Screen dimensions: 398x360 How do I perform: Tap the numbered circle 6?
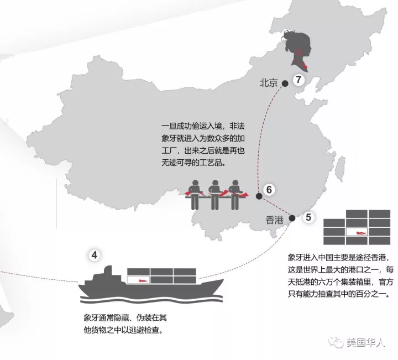pos(269,190)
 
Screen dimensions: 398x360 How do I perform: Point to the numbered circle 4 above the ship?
pos(95,255)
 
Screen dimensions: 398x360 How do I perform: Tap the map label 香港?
pos(274,220)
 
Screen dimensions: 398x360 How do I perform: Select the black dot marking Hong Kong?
pos(292,218)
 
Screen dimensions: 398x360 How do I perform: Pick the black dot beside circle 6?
pos(259,196)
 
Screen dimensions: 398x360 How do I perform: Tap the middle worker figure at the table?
pos(214,194)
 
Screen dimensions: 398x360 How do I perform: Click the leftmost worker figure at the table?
pos(194,194)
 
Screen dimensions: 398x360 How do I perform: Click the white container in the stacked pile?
pos(358,234)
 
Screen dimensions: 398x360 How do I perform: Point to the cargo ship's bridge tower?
pos(108,275)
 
